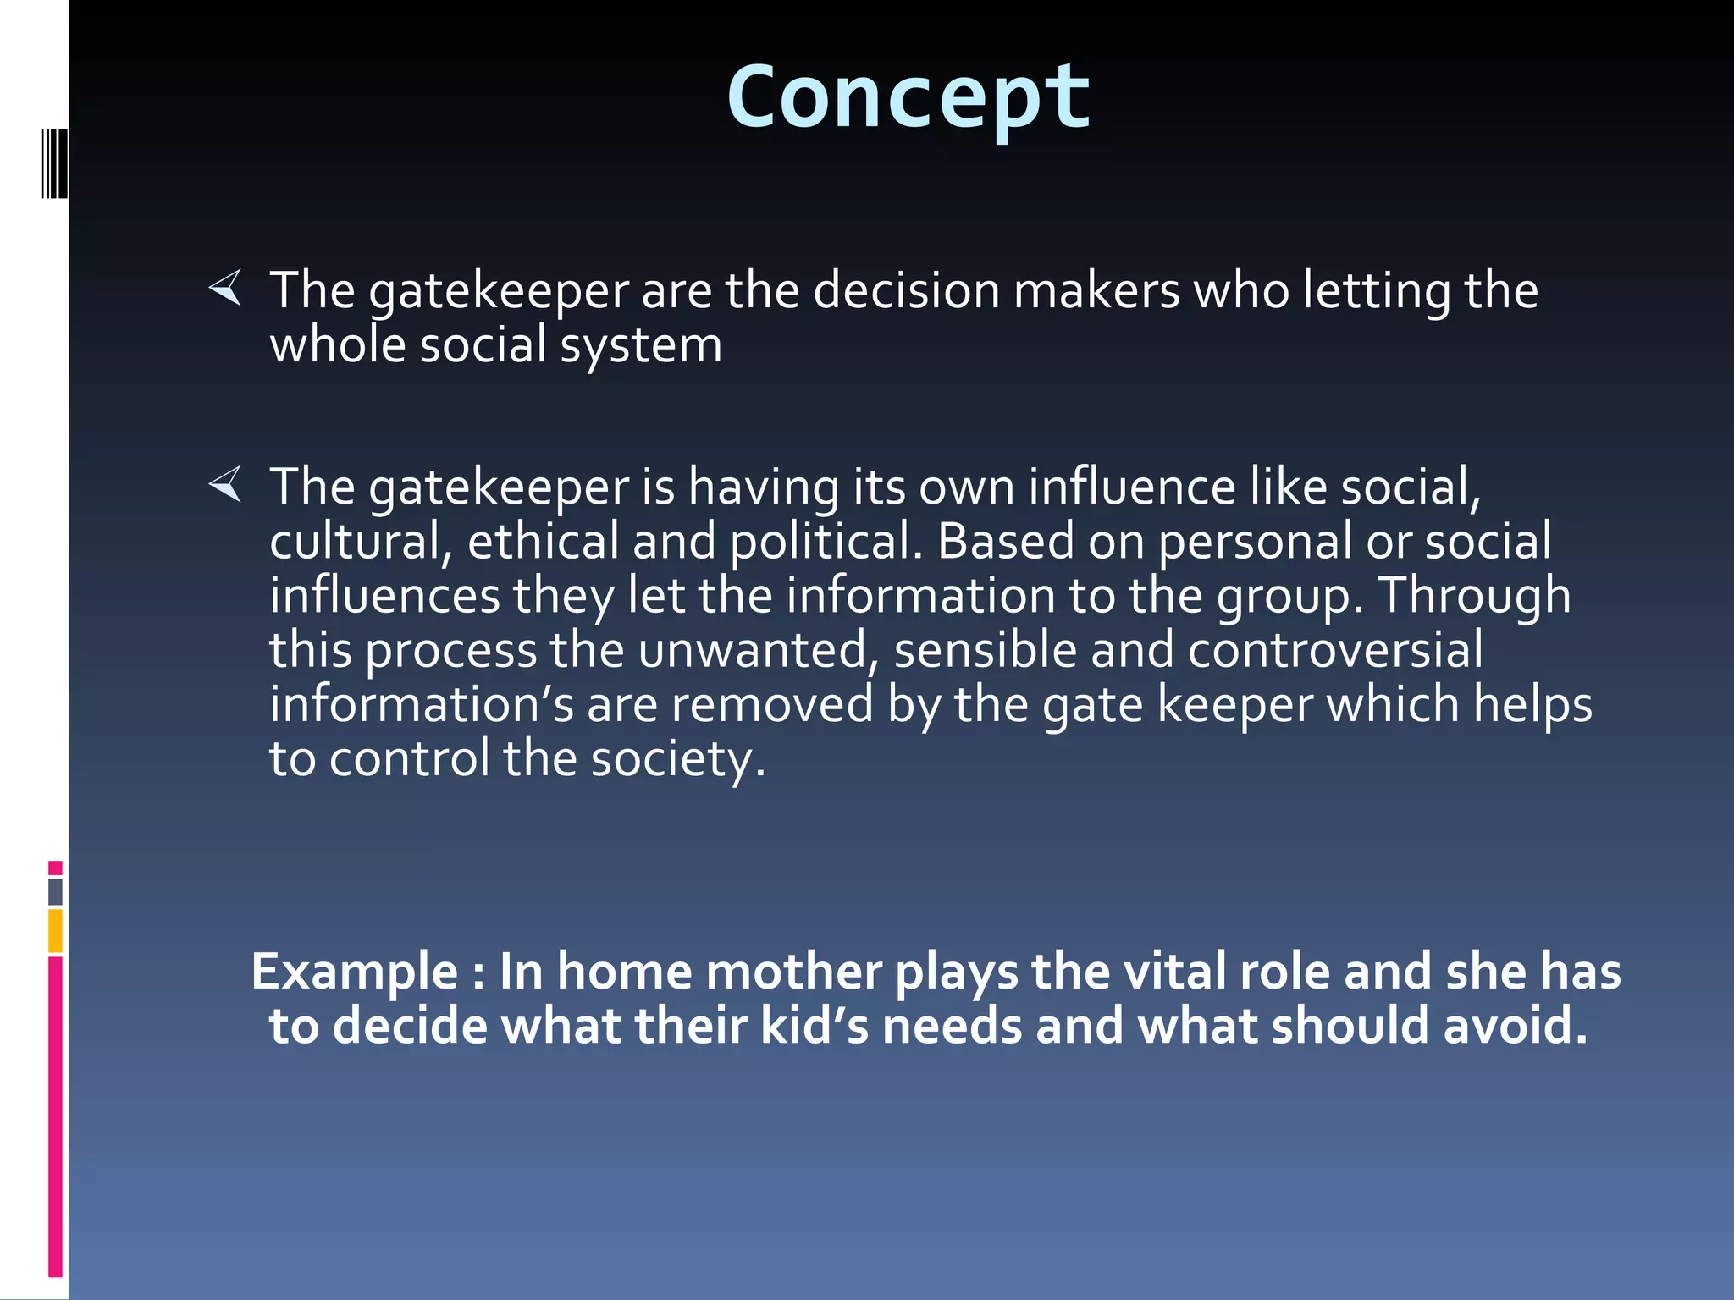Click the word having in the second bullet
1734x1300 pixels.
pyautogui.click(x=763, y=488)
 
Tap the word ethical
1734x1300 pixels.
pyautogui.click(x=544, y=542)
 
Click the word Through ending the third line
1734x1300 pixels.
pyautogui.click(x=1475, y=596)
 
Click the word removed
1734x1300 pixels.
pyautogui.click(x=771, y=704)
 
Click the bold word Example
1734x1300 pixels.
pyautogui.click(x=354, y=972)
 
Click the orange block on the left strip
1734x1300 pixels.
pyautogui.click(x=55, y=931)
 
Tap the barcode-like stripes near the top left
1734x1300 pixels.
pyautogui.click(x=55, y=164)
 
